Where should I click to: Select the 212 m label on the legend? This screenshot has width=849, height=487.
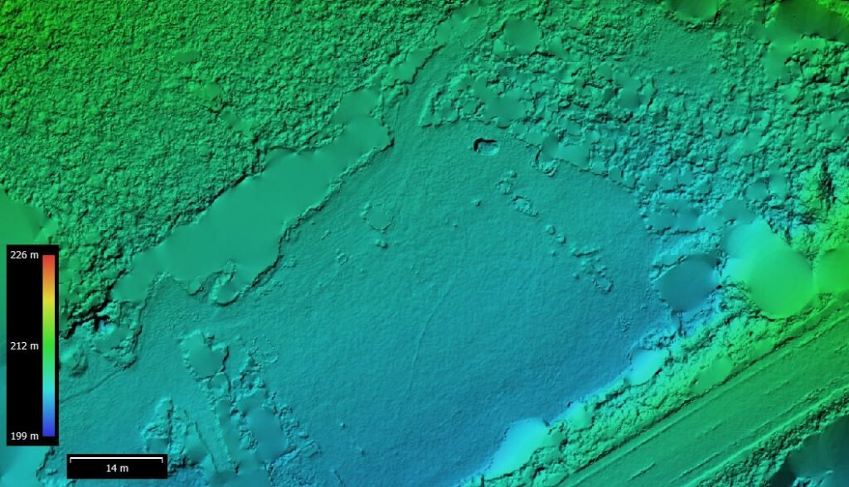coord(24,345)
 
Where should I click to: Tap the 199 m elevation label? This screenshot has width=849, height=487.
coord(24,436)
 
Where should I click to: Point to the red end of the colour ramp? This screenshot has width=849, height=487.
coord(49,258)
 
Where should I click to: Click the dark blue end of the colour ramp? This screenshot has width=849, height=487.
coord(49,432)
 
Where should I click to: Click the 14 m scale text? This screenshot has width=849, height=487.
coord(117,469)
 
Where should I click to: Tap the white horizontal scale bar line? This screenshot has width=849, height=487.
coord(115,458)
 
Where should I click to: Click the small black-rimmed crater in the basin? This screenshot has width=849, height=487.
coord(487,147)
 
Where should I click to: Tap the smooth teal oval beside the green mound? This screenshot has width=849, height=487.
coord(686,282)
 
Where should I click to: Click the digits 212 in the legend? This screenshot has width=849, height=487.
coord(19,345)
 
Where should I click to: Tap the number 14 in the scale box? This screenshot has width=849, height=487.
coord(111,469)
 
